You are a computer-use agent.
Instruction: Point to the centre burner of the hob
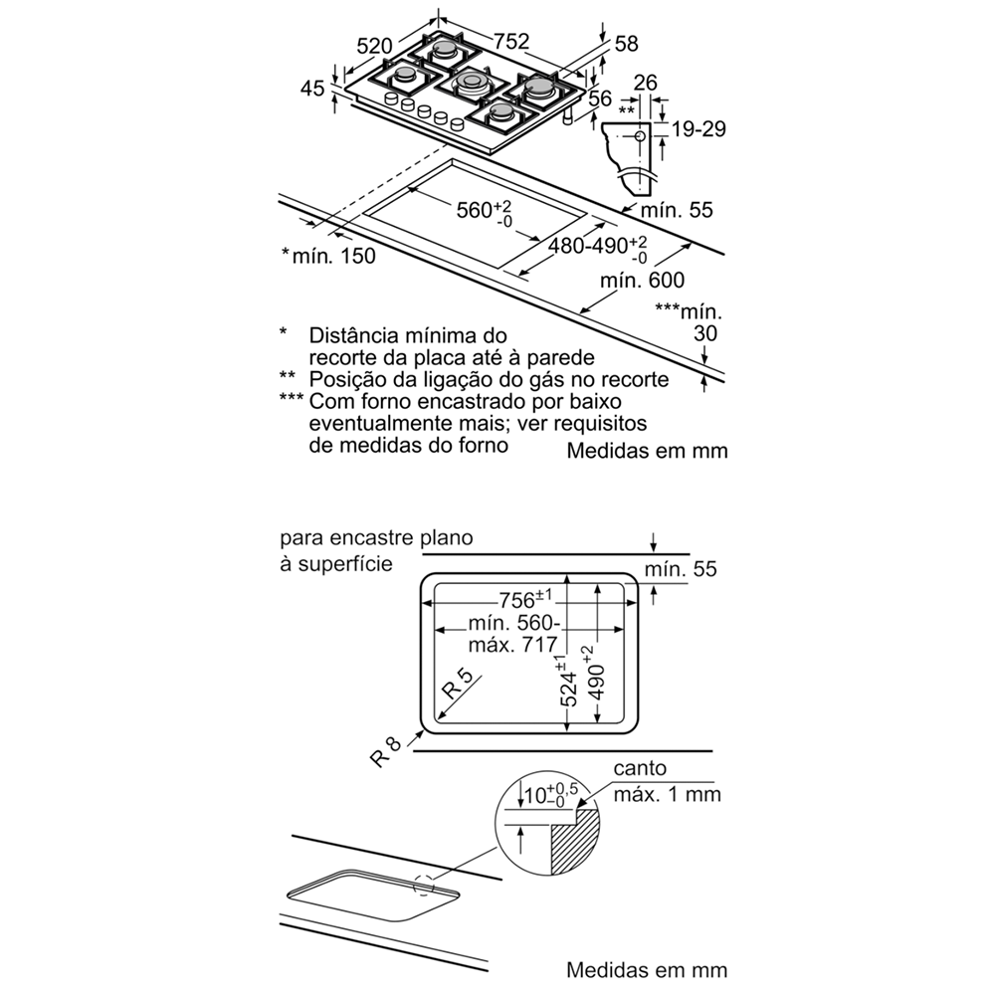pyautogui.click(x=471, y=83)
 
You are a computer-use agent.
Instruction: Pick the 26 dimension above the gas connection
pyautogui.click(x=646, y=84)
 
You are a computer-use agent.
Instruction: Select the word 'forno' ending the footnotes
pyautogui.click(x=484, y=446)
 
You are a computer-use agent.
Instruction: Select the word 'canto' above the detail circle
pyautogui.click(x=640, y=768)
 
